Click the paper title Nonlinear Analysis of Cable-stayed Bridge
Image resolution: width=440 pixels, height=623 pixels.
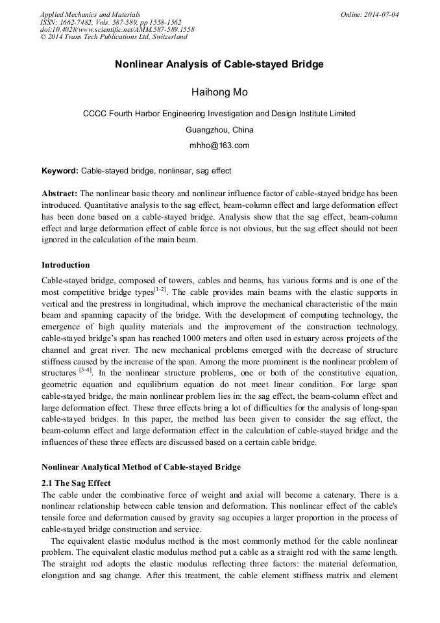pos(219,64)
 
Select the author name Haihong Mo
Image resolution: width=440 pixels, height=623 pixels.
pos(219,92)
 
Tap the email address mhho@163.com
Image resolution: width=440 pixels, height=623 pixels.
pos(219,146)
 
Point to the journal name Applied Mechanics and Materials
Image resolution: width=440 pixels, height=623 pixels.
pos(90,14)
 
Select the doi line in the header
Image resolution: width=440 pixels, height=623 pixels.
pos(117,29)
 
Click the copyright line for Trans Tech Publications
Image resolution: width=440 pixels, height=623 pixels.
pos(114,37)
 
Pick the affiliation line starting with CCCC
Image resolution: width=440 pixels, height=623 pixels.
pos(219,114)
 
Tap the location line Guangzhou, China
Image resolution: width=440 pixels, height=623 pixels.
pos(219,130)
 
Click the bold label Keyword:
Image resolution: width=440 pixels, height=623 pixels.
pos(60,171)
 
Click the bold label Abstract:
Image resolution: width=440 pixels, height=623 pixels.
pos(60,194)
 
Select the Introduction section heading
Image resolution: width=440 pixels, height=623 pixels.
pos(66,265)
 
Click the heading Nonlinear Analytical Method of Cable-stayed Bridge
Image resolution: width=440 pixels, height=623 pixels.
pos(141,467)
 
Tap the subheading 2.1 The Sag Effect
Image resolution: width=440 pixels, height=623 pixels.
pos(76,483)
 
